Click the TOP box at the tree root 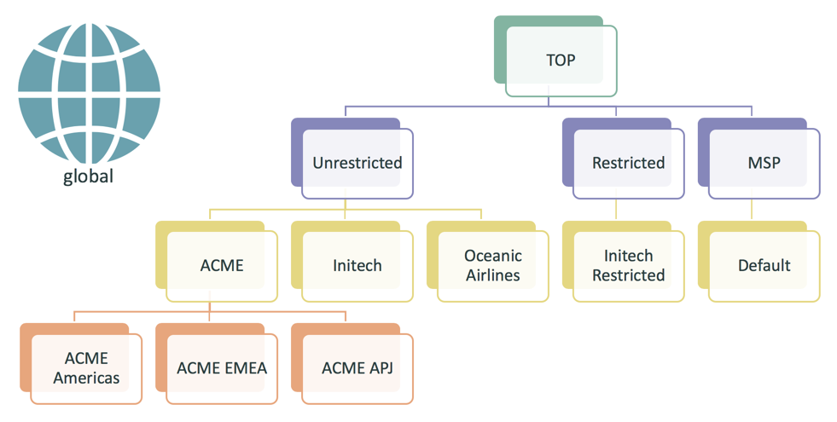561,61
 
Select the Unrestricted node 357,163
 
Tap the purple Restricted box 628,163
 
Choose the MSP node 764,163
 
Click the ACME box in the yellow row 222,265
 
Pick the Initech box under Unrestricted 357,265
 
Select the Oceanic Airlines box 492,265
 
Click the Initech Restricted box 628,265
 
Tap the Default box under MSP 764,265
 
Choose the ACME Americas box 86,367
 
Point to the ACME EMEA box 222,367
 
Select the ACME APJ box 357,367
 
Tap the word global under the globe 88,177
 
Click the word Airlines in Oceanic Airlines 493,275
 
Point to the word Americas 86,378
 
